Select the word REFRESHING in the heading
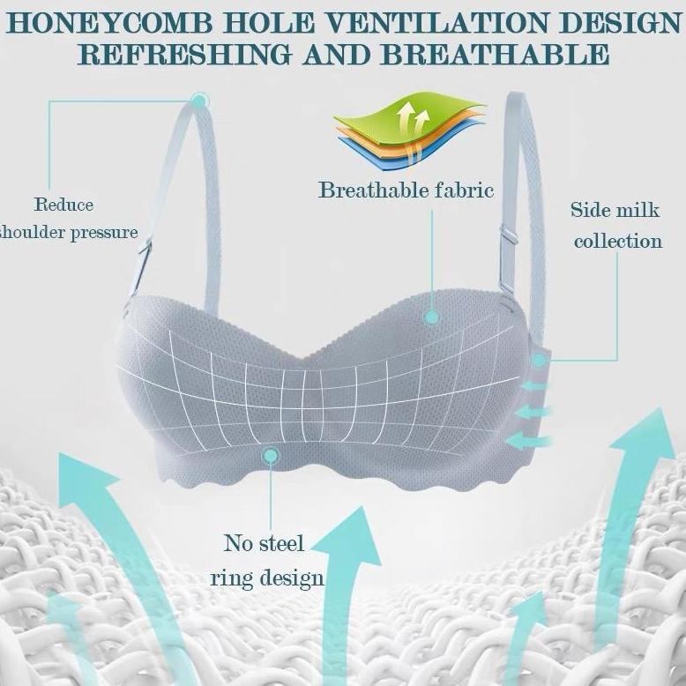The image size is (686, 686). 185,55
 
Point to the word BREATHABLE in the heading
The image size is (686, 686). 495,55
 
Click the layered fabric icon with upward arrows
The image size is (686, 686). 410,130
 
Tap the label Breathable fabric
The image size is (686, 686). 406,190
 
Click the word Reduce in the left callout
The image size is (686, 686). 63,205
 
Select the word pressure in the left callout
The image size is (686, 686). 104,232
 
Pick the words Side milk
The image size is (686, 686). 615,210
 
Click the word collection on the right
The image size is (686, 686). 618,241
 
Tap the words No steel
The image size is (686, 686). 264,544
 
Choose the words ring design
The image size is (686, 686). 267,578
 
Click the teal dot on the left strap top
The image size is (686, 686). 199,101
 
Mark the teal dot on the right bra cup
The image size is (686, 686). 432,317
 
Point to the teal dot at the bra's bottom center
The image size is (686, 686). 271,456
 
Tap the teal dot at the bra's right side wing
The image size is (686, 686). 539,360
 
